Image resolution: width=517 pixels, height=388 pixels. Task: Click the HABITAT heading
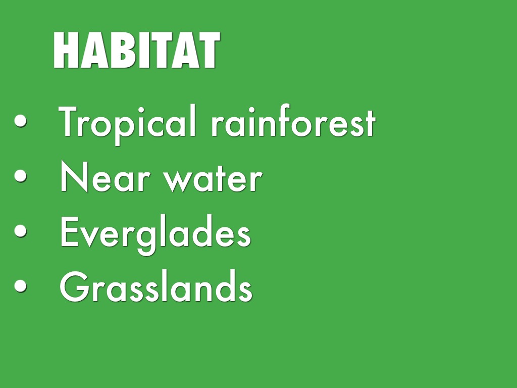pyautogui.click(x=136, y=50)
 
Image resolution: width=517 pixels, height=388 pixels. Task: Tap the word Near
pyautogui.click(x=105, y=176)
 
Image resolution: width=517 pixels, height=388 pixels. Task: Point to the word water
pyautogui.click(x=213, y=178)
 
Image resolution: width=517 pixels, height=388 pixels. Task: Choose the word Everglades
pyautogui.click(x=156, y=234)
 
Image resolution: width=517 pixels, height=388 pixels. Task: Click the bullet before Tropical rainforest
pyautogui.click(x=20, y=120)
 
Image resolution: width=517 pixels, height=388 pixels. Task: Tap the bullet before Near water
pyautogui.click(x=20, y=175)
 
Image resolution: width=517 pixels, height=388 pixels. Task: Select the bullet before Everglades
pyautogui.click(x=20, y=230)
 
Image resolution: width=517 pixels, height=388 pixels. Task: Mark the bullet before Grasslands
pyautogui.click(x=20, y=285)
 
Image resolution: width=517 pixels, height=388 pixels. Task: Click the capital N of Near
pyautogui.click(x=74, y=176)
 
